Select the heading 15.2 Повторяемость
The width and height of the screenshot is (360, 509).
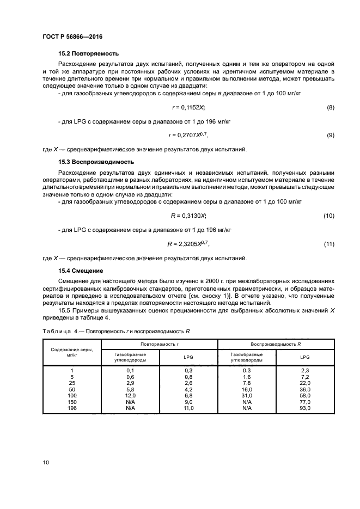point(88,54)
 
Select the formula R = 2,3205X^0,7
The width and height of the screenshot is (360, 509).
point(188,244)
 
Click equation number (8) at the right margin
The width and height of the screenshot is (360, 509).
point(330,108)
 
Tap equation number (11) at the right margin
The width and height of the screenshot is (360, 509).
point(328,244)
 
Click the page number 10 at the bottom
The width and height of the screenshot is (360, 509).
point(46,463)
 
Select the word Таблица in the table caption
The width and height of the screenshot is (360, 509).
point(57,332)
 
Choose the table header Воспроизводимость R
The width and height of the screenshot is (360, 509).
point(276,344)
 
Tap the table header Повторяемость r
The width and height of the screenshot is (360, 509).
point(160,344)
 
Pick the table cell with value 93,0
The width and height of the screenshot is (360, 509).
point(305,408)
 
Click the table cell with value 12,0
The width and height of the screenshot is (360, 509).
point(130,396)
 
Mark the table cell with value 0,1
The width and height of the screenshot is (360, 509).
point(130,371)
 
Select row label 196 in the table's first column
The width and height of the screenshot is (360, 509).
point(72,408)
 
